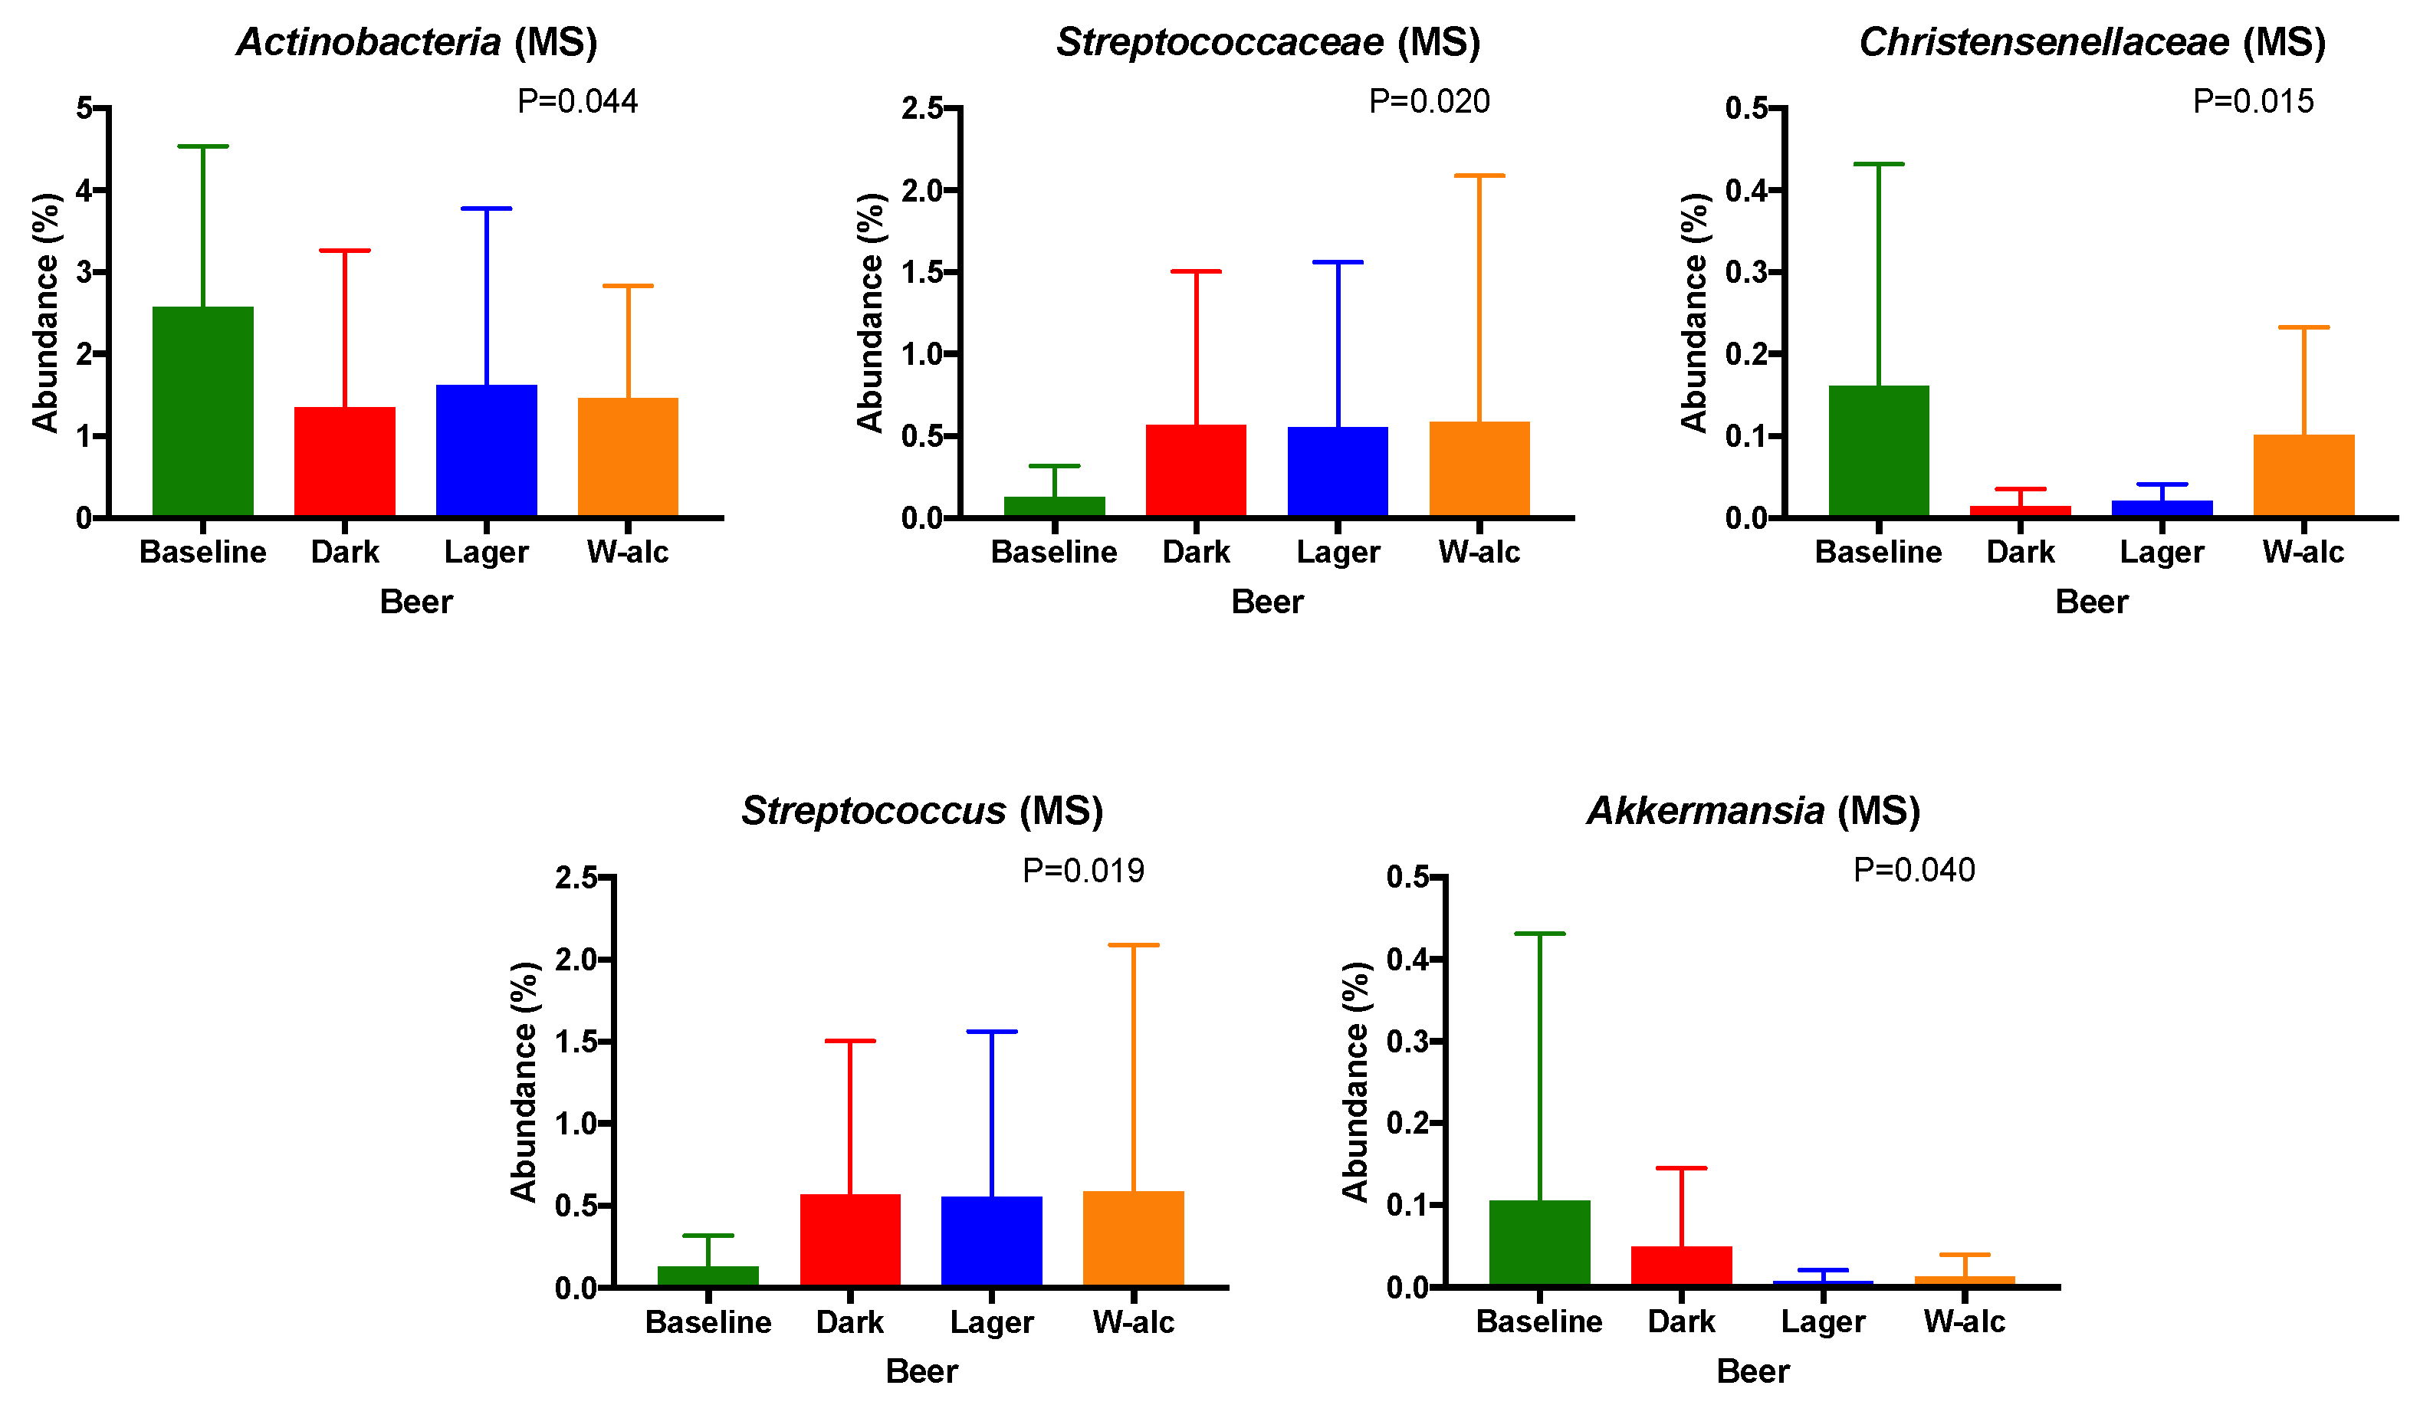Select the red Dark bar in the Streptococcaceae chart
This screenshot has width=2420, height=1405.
coord(1196,471)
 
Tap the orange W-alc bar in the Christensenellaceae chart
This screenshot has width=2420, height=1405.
coord(2303,475)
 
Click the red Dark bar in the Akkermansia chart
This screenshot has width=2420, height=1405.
coord(1680,1265)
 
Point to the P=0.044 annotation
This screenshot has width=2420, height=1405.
coord(577,101)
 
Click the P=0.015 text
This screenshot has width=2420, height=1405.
coord(2253,101)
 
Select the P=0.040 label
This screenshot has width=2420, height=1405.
coord(1913,869)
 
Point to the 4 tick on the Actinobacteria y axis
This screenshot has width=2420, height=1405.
coord(84,190)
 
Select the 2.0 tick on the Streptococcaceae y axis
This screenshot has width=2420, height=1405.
coord(922,190)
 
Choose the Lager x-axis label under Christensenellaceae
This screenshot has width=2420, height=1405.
coord(2162,552)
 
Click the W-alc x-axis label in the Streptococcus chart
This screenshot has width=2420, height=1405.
coord(1133,1322)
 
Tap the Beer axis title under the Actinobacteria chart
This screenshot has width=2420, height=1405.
coord(415,602)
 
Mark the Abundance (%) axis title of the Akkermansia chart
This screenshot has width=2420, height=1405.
coord(1354,1082)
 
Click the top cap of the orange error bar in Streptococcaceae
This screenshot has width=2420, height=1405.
coord(1479,176)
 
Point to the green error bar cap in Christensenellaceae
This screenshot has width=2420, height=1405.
coord(1878,164)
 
